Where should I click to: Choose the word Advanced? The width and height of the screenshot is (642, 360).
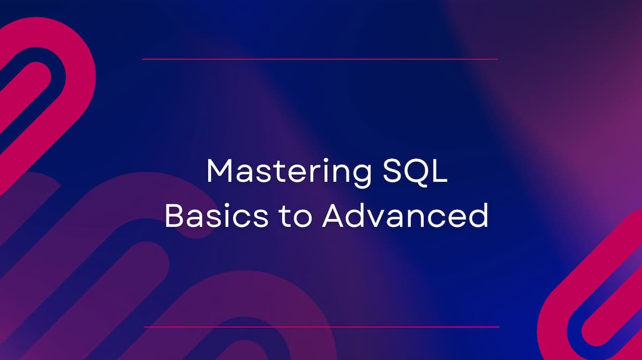[405, 216]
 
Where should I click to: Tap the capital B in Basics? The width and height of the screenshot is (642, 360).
[174, 216]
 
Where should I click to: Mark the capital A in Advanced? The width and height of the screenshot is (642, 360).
[333, 216]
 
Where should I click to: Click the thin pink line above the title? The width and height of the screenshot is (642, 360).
[320, 59]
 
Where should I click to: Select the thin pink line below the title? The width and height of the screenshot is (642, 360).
[321, 326]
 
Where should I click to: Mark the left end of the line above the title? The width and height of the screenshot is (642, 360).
[143, 59]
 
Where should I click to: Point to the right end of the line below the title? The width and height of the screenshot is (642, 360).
[498, 326]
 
